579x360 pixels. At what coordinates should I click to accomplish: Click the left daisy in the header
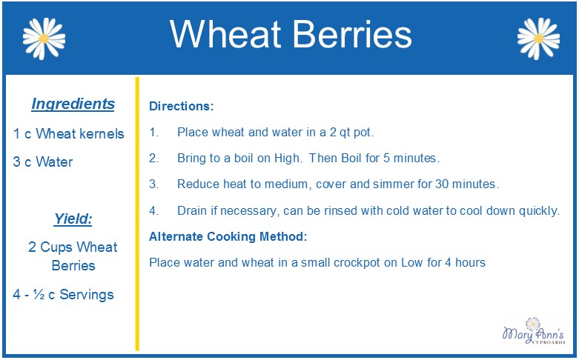pyautogui.click(x=44, y=39)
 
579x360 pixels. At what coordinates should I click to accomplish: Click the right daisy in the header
pyautogui.click(x=538, y=39)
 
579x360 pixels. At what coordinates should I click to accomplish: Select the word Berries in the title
pyautogui.click(x=352, y=34)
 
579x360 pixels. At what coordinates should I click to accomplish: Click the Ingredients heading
pyautogui.click(x=73, y=104)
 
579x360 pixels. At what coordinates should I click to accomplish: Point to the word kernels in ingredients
pyautogui.click(x=102, y=133)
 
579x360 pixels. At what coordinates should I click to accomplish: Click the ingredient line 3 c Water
pyautogui.click(x=43, y=161)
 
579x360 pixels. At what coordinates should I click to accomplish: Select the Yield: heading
pyautogui.click(x=73, y=219)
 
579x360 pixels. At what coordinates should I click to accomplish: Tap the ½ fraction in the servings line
pyautogui.click(x=39, y=294)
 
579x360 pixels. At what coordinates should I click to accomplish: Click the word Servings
pyautogui.click(x=87, y=294)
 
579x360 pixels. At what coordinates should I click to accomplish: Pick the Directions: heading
pyautogui.click(x=182, y=106)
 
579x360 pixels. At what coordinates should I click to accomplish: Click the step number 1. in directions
pyautogui.click(x=154, y=132)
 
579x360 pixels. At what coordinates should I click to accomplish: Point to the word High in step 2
pyautogui.click(x=288, y=159)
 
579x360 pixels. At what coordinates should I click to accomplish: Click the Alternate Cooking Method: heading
pyautogui.click(x=228, y=236)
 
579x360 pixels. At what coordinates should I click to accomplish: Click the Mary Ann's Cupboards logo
pyautogui.click(x=534, y=330)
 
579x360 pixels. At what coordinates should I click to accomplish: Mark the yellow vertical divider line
pyautogui.click(x=137, y=214)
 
